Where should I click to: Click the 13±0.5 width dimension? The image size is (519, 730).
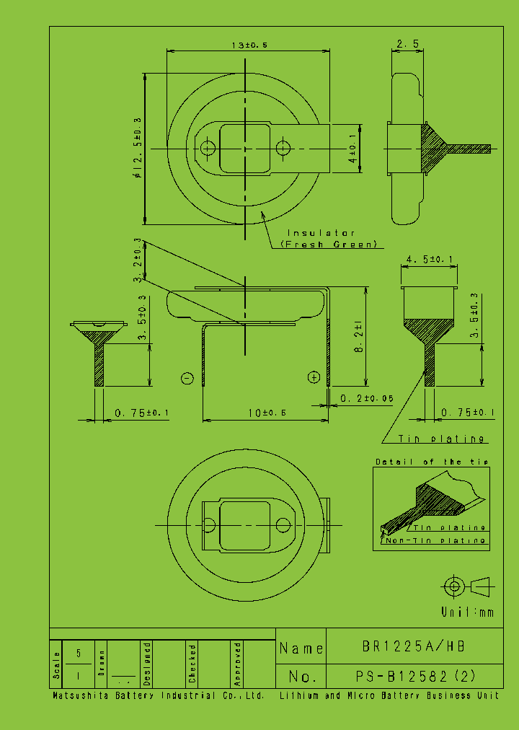pos(249,45)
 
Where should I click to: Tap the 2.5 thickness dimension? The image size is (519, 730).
pos(407,45)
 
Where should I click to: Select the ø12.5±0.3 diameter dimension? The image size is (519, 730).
pos(136,148)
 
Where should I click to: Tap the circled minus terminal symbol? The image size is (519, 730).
pos(187,378)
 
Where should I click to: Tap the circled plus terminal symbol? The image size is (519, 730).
pos(314,377)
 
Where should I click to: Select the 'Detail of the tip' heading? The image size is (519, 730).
pos(431,462)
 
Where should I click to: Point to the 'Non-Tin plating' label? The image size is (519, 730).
pos(435,540)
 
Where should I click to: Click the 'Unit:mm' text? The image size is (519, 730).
pos(468,612)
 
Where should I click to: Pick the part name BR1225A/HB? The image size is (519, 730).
pos(414,647)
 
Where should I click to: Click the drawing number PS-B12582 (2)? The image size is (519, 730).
pos(415,677)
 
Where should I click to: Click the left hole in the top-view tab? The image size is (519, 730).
pos(208,149)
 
